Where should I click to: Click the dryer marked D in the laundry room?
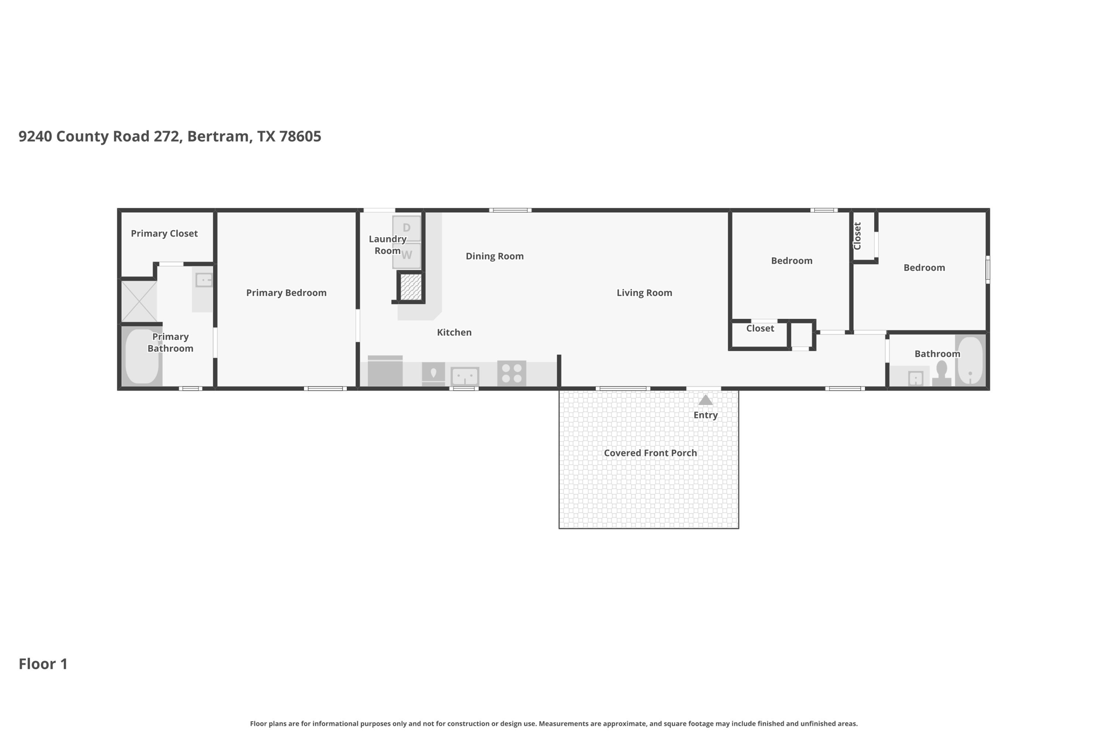(406, 228)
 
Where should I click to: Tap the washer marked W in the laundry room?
(406, 255)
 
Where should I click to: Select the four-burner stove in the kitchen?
(511, 373)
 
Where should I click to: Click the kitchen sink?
(465, 376)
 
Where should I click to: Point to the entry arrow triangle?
(705, 400)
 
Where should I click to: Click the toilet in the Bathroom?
(942, 374)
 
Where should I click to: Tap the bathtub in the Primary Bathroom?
(142, 356)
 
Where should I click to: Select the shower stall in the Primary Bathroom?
(139, 301)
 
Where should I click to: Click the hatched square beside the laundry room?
(411, 287)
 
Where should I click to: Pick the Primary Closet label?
(164, 233)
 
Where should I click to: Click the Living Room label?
(644, 293)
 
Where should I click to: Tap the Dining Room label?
(494, 256)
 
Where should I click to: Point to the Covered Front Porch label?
(650, 453)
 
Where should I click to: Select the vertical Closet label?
(857, 236)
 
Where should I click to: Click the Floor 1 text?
(43, 664)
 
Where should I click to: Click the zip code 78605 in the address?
(300, 136)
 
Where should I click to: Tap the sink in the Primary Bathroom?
(204, 280)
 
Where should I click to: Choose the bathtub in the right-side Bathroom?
(970, 361)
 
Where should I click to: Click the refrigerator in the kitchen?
(385, 371)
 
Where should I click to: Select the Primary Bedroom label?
(286, 293)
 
